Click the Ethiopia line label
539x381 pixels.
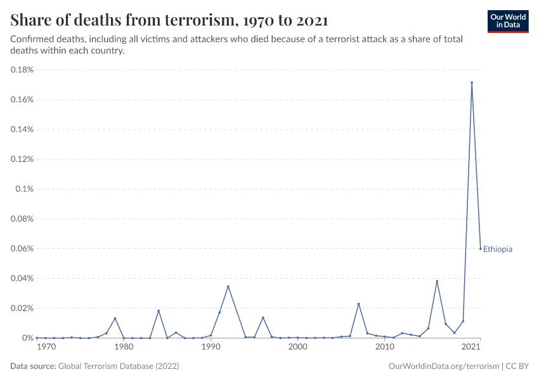point(498,250)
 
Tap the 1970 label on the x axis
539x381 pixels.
point(46,347)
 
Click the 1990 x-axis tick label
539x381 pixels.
point(211,347)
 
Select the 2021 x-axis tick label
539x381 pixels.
point(471,347)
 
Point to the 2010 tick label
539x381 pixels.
point(384,347)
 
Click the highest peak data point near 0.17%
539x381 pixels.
point(472,83)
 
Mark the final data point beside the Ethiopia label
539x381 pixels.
point(481,248)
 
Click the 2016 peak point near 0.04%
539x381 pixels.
point(437,281)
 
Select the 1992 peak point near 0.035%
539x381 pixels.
point(228,286)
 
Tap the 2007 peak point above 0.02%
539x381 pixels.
point(358,304)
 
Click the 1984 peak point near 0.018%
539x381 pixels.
point(159,311)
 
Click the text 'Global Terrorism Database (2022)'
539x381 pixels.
point(119,366)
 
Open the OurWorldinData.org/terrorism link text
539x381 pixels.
point(443,366)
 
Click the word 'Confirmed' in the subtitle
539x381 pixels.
point(30,39)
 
